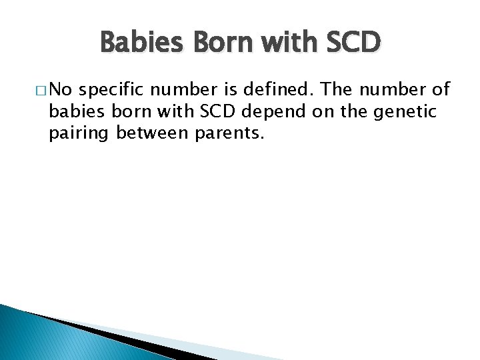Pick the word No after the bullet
[63, 90]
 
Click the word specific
[118, 90]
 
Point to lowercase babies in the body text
[75, 112]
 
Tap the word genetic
[406, 112]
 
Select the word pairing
[79, 134]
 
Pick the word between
[153, 134]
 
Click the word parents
[229, 134]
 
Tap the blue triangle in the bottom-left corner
[33, 340]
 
